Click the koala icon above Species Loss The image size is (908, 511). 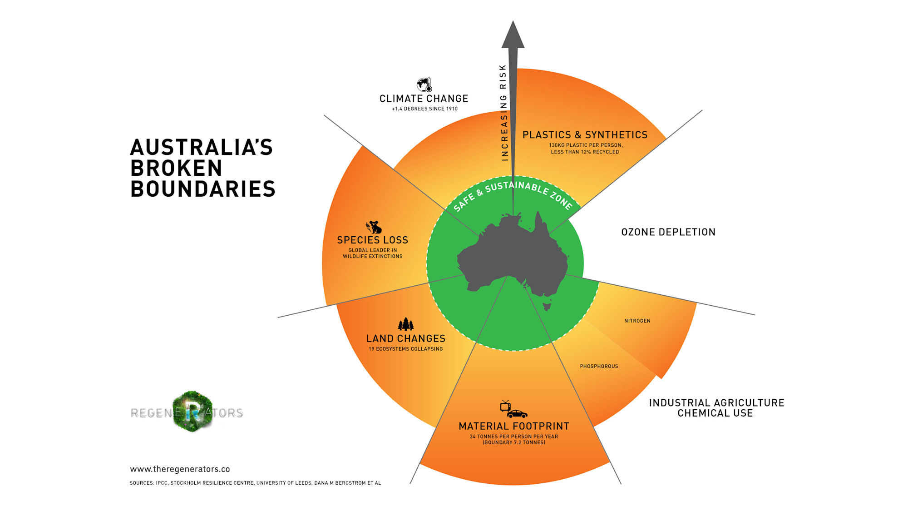tap(374, 227)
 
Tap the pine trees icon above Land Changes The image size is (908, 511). tap(406, 324)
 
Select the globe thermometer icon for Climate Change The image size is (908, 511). tap(424, 84)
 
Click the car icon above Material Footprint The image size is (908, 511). tap(517, 414)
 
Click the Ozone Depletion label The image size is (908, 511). tap(668, 232)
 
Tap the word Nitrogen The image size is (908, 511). tap(637, 321)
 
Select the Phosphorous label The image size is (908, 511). tap(599, 366)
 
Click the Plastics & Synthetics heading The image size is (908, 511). tap(585, 135)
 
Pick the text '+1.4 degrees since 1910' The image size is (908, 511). tap(425, 109)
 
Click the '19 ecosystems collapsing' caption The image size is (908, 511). tap(406, 349)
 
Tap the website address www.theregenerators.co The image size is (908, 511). tap(180, 469)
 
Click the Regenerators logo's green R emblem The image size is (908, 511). tap(192, 412)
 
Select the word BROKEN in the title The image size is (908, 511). tap(176, 168)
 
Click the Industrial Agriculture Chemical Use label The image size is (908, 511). tap(716, 408)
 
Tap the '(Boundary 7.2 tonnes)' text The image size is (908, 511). tap(514, 442)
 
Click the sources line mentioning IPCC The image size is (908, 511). tap(255, 483)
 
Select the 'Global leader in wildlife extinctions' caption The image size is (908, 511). tap(373, 253)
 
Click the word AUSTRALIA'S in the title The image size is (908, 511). tap(202, 147)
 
